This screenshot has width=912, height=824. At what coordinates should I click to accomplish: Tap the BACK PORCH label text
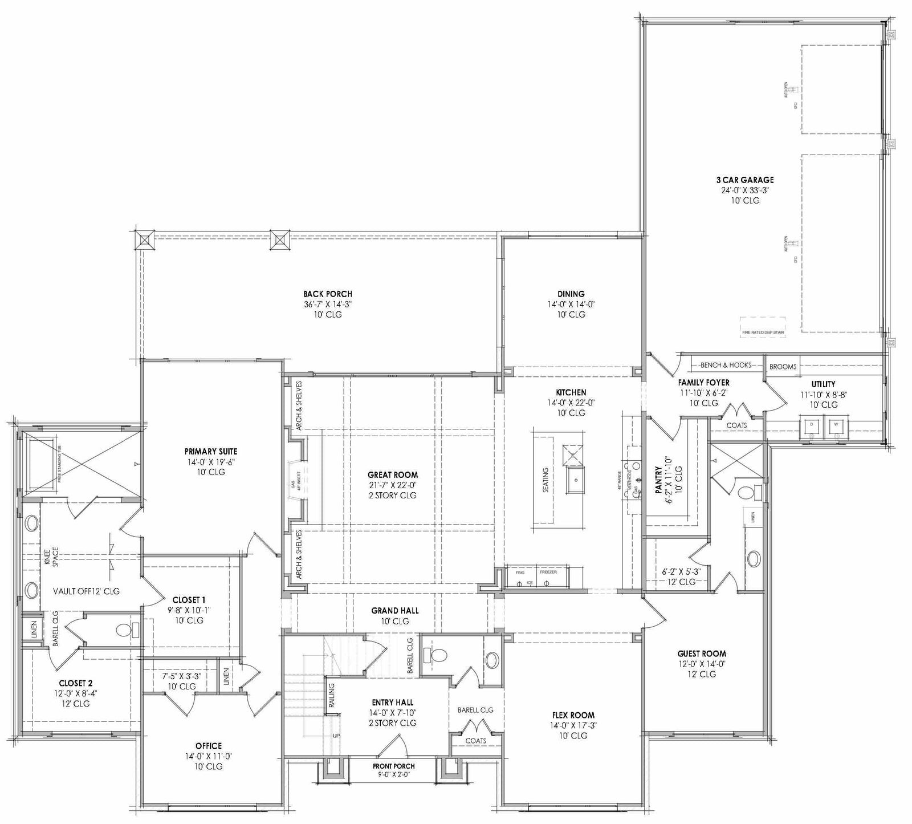tap(327, 294)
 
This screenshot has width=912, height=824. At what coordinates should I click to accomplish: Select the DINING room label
tap(571, 294)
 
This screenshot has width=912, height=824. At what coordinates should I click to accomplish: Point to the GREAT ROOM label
tap(392, 474)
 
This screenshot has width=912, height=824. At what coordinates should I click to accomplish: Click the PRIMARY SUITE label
tap(210, 451)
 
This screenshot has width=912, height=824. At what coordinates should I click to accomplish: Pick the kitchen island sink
tap(575, 480)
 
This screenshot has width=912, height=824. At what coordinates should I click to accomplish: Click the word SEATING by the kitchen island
tap(545, 480)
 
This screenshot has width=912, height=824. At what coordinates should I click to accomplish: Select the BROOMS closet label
tap(783, 367)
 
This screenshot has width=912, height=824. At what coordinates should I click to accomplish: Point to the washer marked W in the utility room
tap(836, 424)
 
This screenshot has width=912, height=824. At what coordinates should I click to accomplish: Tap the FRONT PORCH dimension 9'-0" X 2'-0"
tap(394, 774)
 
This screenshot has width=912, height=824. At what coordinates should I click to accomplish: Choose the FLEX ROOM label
tap(573, 715)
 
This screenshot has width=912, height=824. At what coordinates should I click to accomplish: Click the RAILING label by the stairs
tap(332, 694)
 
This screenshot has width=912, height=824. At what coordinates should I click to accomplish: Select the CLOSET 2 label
tap(75, 683)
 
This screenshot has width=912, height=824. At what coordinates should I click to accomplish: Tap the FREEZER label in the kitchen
tap(548, 571)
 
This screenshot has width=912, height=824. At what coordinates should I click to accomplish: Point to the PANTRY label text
tap(658, 480)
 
